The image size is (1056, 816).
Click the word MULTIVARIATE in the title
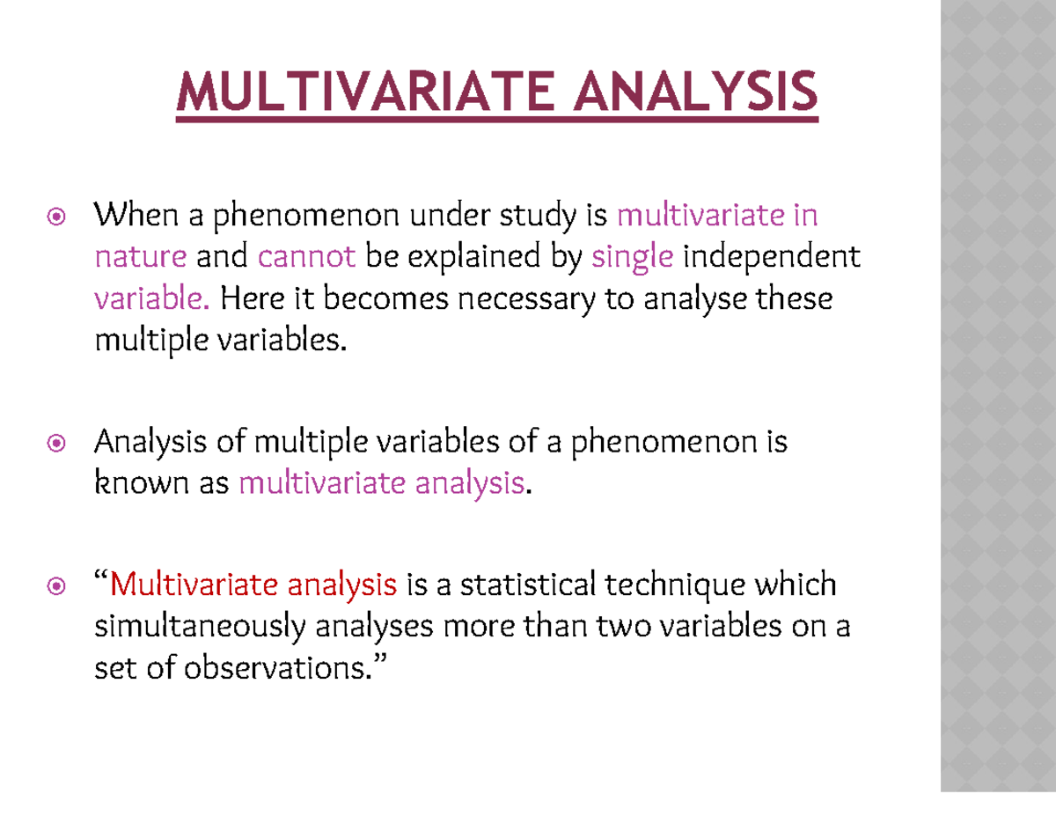pos(366,92)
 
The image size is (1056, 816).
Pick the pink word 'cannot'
pos(307,257)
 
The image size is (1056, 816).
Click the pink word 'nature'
pos(140,257)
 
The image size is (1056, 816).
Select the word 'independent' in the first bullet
pos(771,257)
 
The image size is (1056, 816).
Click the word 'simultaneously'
pos(200,628)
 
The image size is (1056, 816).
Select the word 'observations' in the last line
pos(274,669)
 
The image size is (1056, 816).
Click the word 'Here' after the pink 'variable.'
pos(248,299)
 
